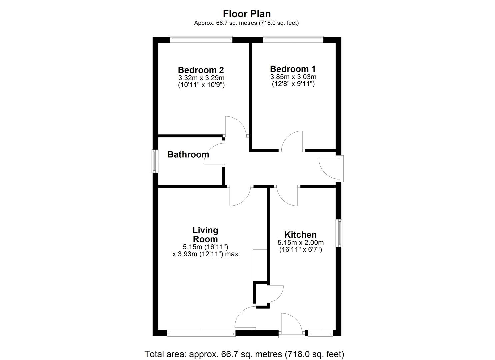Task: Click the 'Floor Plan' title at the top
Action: click(x=247, y=14)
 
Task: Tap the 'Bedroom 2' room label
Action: click(x=201, y=70)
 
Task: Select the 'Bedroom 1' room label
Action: click(x=293, y=69)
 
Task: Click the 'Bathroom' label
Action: click(x=188, y=154)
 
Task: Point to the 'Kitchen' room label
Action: click(x=300, y=235)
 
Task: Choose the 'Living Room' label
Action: click(x=205, y=235)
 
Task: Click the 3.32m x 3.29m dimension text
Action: click(x=201, y=78)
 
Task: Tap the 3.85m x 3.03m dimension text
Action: click(x=293, y=77)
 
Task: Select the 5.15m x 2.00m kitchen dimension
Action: click(x=300, y=243)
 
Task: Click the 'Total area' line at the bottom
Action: click(x=244, y=354)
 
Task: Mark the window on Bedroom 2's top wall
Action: click(x=201, y=39)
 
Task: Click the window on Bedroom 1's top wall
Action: click(x=293, y=39)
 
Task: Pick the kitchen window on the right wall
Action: click(x=339, y=233)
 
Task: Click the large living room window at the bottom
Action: click(x=201, y=332)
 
